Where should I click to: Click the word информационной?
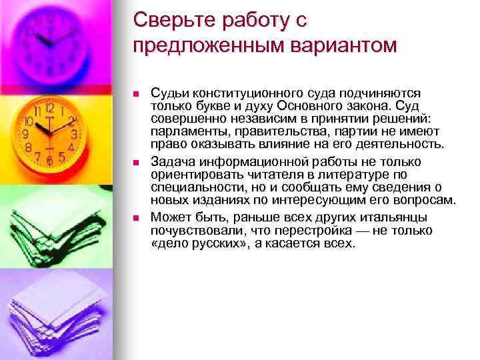pos(241,162)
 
